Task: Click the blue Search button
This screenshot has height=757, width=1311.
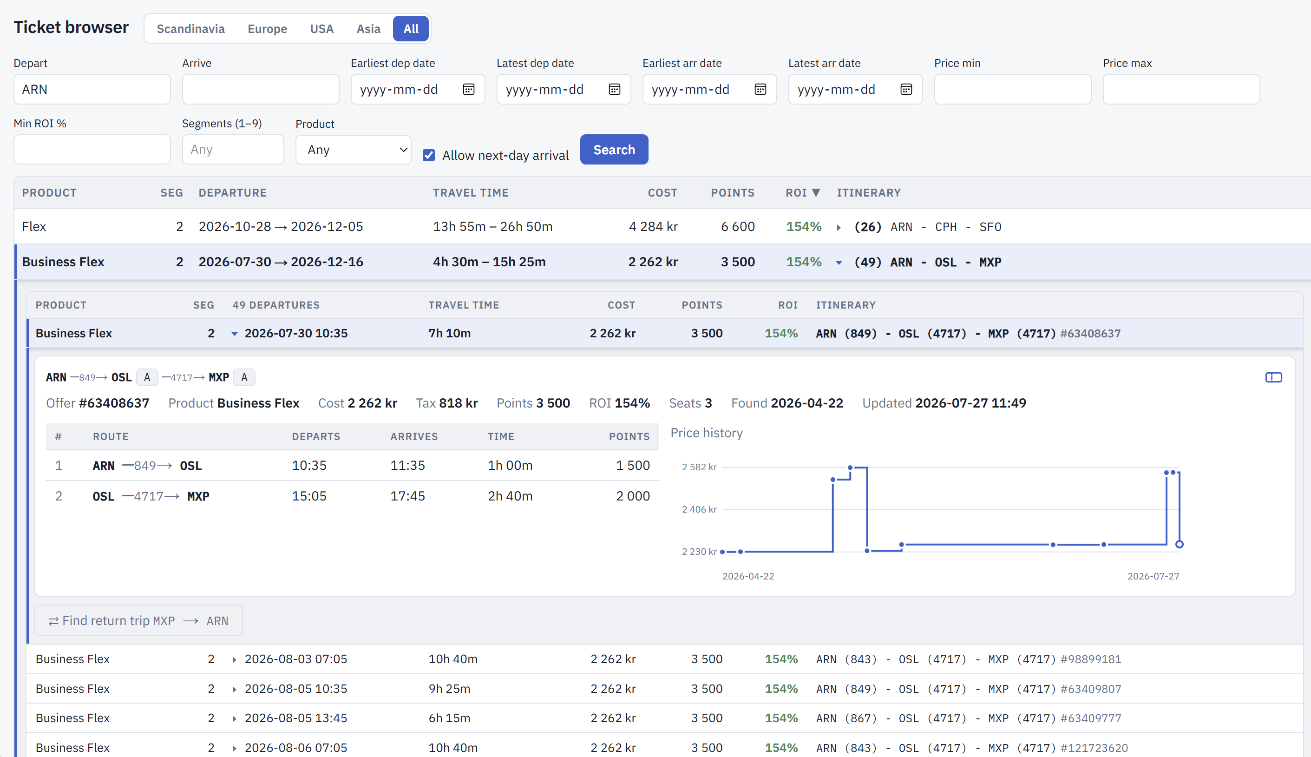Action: pyautogui.click(x=614, y=150)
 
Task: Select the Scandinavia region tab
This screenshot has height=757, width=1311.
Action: pyautogui.click(x=190, y=29)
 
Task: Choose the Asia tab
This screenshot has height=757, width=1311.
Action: pyautogui.click(x=368, y=29)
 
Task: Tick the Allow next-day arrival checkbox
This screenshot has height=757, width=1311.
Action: pyautogui.click(x=429, y=155)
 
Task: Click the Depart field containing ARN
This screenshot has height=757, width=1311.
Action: pyautogui.click(x=92, y=89)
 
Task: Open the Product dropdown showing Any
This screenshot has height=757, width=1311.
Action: pyautogui.click(x=354, y=150)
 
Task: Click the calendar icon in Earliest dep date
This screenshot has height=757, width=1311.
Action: pyautogui.click(x=469, y=89)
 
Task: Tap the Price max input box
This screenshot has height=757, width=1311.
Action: pyautogui.click(x=1181, y=89)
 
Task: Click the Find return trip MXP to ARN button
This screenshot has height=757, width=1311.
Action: pyautogui.click(x=138, y=620)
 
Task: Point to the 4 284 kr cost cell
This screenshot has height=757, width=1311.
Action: pyautogui.click(x=653, y=227)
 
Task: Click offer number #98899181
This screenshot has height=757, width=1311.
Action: pyautogui.click(x=1091, y=659)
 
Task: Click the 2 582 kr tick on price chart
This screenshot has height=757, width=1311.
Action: pyautogui.click(x=699, y=467)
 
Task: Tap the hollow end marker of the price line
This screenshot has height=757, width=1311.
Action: pyautogui.click(x=1179, y=544)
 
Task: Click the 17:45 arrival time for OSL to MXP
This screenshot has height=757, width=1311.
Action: pyautogui.click(x=407, y=496)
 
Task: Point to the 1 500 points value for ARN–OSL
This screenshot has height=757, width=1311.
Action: pyautogui.click(x=632, y=465)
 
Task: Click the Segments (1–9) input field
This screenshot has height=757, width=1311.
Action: pyautogui.click(x=233, y=150)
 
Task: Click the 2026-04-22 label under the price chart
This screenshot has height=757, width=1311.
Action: pyautogui.click(x=748, y=576)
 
